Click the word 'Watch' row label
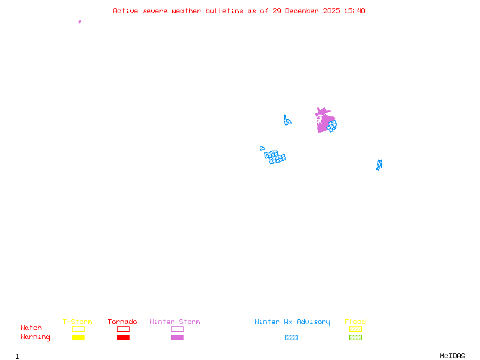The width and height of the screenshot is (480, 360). point(31,328)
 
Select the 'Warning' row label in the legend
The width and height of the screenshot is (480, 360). point(35,337)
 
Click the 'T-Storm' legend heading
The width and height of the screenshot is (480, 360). point(77,322)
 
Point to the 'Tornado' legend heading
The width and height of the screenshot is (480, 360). point(122,322)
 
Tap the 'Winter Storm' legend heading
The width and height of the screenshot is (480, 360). point(175,322)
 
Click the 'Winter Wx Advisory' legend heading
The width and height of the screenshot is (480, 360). point(292,322)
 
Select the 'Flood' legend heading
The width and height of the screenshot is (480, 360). point(355,322)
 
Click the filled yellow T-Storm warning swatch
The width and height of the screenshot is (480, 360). point(78,338)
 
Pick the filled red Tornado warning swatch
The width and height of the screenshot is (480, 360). point(123,338)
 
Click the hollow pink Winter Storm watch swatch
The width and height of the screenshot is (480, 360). point(177,329)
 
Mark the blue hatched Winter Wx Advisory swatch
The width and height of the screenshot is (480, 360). point(291,338)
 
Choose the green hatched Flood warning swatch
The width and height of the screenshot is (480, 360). point(355,338)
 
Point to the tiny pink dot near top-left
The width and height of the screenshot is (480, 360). point(80,22)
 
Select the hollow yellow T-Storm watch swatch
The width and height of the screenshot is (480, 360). point(78,329)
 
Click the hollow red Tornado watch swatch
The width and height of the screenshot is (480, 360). point(123,329)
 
